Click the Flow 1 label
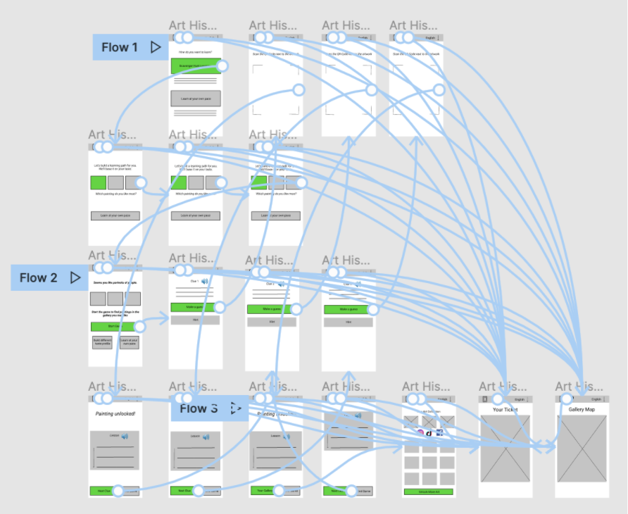(120, 47)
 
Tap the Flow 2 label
(38, 277)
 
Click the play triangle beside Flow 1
(156, 47)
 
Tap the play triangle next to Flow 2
(75, 277)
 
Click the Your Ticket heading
(506, 409)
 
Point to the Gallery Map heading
(582, 409)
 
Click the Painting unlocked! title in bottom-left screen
(115, 414)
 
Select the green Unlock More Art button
(429, 491)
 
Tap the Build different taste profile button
(102, 342)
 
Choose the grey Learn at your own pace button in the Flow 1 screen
(195, 98)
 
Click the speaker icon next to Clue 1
(205, 282)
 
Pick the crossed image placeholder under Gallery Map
(582, 448)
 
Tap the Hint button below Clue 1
(195, 320)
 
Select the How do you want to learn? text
(195, 51)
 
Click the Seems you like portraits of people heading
(115, 282)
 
